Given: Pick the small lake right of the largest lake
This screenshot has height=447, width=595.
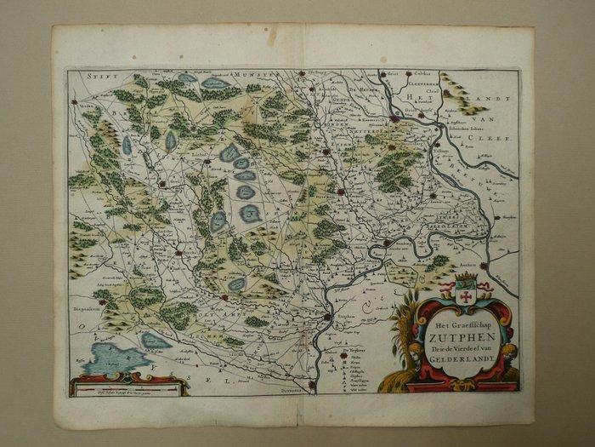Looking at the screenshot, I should (x=155, y=341).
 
